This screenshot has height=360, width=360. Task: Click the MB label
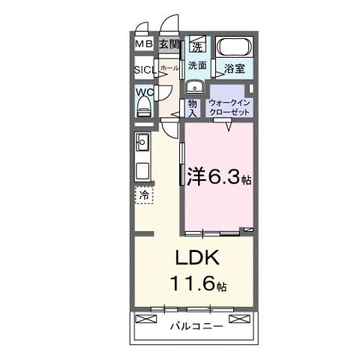[144, 45]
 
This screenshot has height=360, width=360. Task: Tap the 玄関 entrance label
[168, 45]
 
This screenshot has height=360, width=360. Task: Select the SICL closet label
[145, 70]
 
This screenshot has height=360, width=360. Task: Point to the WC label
[144, 93]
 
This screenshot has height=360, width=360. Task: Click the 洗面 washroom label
[197, 64]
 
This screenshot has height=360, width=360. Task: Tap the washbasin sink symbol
[197, 82]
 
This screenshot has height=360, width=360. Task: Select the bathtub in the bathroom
[235, 48]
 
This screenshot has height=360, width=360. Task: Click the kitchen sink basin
[144, 142]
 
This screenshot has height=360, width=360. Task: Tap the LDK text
[196, 259]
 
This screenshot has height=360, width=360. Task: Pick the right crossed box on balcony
[238, 319]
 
